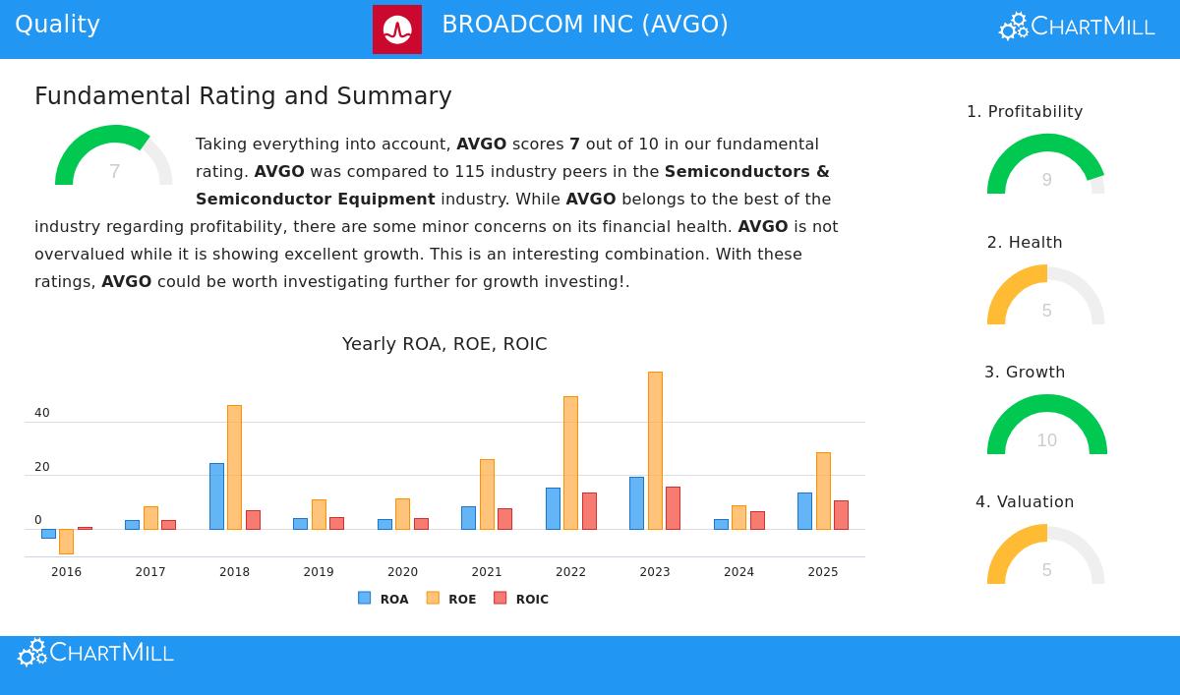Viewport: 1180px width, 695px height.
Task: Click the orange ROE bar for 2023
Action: (x=655, y=450)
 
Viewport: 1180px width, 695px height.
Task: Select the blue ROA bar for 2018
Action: (x=216, y=495)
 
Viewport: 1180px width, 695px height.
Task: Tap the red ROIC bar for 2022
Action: (x=589, y=511)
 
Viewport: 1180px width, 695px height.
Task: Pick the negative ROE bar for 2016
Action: (x=66, y=542)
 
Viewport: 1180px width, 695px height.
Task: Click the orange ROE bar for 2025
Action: (x=823, y=491)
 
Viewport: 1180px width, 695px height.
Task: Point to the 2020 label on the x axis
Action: (x=402, y=572)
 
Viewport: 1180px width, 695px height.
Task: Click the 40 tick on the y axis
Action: (x=42, y=414)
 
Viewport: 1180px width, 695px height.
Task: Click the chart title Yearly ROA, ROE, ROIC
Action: (x=444, y=344)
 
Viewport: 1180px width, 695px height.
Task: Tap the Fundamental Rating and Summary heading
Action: (x=243, y=96)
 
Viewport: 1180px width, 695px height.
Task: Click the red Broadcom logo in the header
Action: (x=397, y=29)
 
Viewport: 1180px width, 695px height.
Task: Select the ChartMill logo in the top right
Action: (x=1077, y=27)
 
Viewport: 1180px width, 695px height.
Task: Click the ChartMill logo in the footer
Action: (x=96, y=653)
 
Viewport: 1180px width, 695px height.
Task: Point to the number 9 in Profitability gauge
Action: (x=1047, y=180)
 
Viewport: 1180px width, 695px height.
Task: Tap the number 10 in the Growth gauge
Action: (x=1046, y=440)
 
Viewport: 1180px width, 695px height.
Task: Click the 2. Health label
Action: (x=1025, y=243)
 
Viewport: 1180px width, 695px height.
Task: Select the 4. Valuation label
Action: (x=1025, y=502)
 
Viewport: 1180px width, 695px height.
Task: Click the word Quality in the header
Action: (x=57, y=25)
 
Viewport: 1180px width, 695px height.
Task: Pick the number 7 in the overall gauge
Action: (x=115, y=172)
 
